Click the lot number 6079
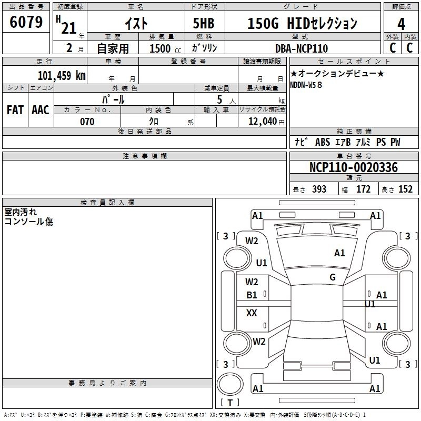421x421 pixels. click(26, 22)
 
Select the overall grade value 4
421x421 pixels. click(401, 24)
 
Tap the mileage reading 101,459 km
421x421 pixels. click(62, 75)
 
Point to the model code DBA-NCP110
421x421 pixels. click(301, 48)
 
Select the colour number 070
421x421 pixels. click(87, 122)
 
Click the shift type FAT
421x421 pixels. click(15, 110)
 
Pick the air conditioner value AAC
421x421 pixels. click(40, 110)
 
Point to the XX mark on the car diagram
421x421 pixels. click(252, 313)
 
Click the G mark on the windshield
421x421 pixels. click(332, 277)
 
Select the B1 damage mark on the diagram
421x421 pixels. click(252, 295)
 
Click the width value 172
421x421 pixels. click(363, 189)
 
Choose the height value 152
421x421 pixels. click(405, 189)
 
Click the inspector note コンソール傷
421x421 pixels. click(28, 222)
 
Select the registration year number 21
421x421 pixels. click(69, 28)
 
